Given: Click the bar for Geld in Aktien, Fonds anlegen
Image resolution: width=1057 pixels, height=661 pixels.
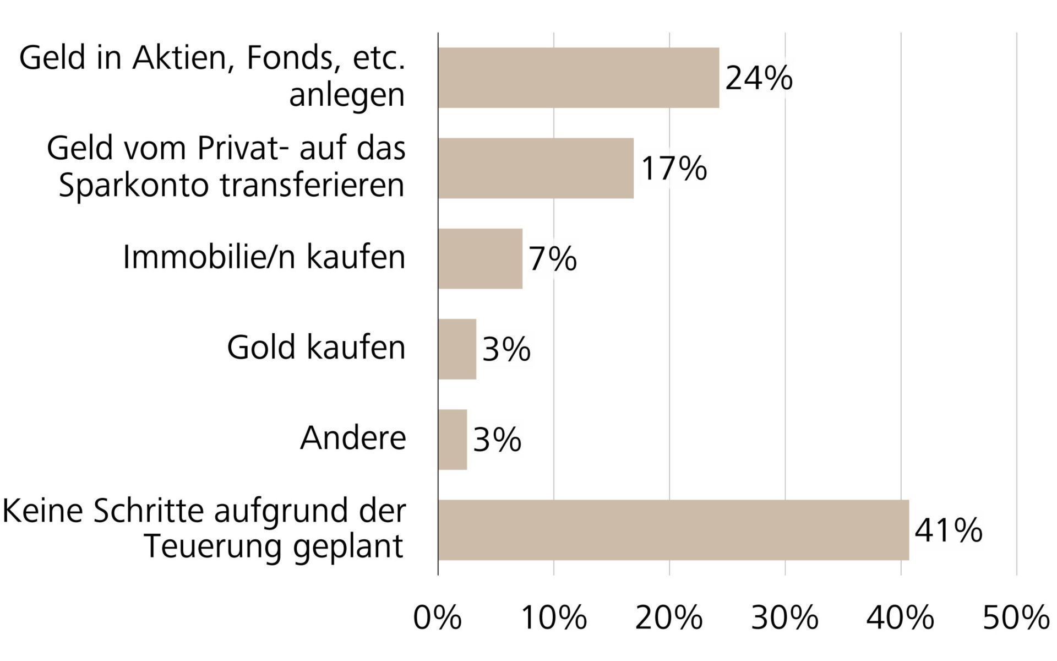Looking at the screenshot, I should [x=578, y=78].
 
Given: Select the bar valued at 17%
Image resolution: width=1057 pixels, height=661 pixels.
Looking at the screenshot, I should [x=536, y=168].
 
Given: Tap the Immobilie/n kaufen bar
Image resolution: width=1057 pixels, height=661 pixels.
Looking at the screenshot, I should [x=480, y=258].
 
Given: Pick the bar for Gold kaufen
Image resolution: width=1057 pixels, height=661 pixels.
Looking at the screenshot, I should [x=457, y=349].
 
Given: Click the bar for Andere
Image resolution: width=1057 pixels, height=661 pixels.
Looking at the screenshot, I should [x=453, y=439].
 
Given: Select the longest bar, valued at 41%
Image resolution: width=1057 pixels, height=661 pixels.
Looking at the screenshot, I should [x=673, y=530].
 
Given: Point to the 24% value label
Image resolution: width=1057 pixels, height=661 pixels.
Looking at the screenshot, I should [x=759, y=78].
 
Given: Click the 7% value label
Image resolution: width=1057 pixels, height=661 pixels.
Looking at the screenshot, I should [x=553, y=259].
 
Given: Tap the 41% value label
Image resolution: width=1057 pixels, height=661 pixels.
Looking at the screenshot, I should [x=948, y=530].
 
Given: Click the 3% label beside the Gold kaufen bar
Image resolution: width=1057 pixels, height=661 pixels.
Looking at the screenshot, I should [x=506, y=349].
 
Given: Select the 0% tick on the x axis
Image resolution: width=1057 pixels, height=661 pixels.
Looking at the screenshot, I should [x=438, y=618].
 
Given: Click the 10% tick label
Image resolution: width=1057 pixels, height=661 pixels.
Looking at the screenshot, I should [x=553, y=618].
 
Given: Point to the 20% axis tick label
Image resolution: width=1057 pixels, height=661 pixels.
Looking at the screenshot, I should [x=669, y=618].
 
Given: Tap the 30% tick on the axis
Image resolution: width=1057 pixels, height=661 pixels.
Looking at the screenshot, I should [x=785, y=618].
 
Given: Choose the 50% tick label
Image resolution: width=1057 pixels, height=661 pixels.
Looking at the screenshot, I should [x=1016, y=618].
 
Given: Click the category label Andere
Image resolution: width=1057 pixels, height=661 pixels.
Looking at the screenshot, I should [x=353, y=438].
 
